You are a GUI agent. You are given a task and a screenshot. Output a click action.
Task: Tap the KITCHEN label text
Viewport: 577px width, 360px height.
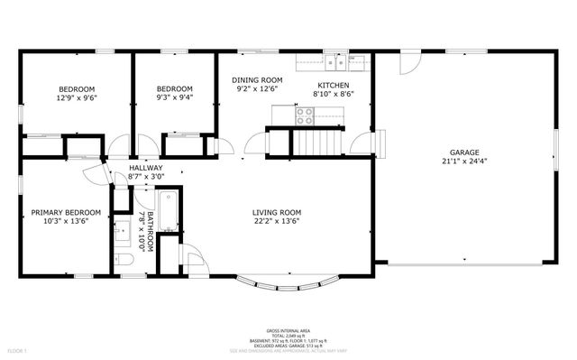pyautogui.click(x=333, y=84)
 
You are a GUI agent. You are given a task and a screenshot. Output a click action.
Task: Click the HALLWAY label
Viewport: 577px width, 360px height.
pyautogui.click(x=146, y=168)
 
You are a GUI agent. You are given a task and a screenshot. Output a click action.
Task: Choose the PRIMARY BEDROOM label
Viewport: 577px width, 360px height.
pyautogui.click(x=66, y=213)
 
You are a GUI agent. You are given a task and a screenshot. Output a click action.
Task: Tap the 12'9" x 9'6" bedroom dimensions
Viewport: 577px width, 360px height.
pyautogui.click(x=78, y=97)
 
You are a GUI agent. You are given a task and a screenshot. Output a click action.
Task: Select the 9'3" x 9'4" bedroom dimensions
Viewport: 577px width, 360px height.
pyautogui.click(x=174, y=97)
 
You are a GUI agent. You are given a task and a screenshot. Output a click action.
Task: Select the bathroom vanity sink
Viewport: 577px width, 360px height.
pyautogui.click(x=122, y=229)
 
